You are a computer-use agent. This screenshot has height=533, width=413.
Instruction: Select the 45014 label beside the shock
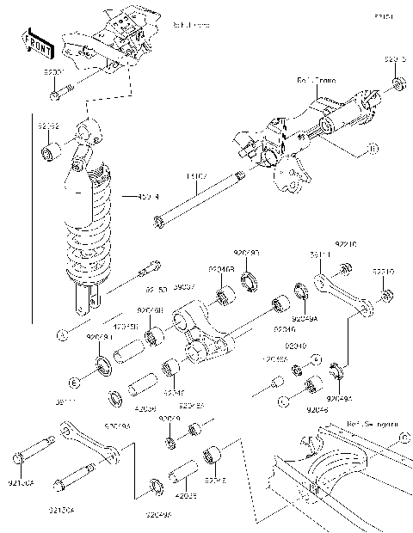click(149, 196)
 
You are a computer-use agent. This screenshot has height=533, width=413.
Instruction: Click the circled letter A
click(61, 334)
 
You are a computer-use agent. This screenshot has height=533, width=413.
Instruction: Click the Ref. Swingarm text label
click(371, 423)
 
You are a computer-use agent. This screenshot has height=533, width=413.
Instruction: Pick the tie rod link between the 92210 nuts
click(342, 292)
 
